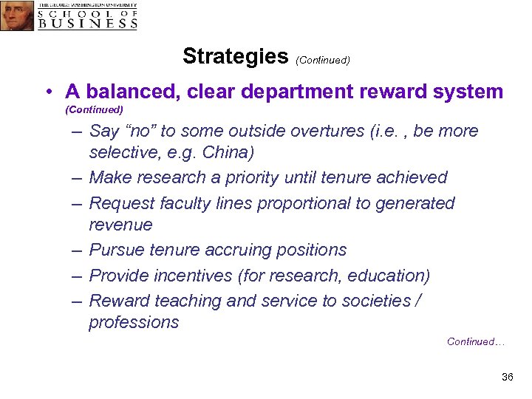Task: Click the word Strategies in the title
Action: tap(235, 56)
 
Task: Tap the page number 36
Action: tap(507, 378)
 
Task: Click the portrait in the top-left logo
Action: tap(17, 16)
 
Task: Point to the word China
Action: tap(231, 153)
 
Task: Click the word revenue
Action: tap(120, 225)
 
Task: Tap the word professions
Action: tap(134, 323)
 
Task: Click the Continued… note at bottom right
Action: tap(476, 342)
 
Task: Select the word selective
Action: tap(119, 153)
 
